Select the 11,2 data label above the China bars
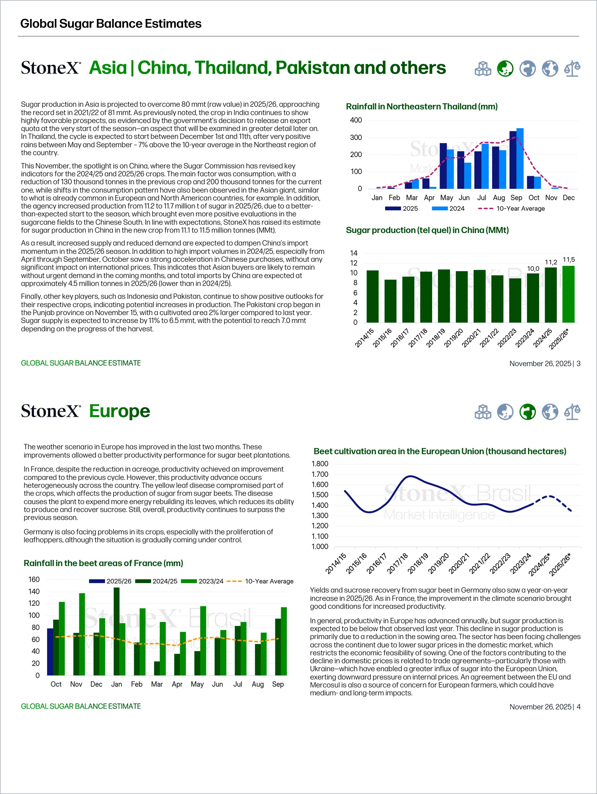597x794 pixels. point(551,262)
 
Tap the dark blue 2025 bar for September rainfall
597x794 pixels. point(513,160)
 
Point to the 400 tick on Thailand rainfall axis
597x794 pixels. point(356,120)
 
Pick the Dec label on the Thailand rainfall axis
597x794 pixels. point(568,198)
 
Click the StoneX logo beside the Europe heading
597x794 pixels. point(51,411)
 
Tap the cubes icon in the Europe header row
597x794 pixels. point(483,412)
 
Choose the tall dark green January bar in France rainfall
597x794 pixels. point(116,631)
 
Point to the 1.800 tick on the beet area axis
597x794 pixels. point(320,464)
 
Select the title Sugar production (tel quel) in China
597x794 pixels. point(427,230)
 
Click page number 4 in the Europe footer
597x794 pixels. point(578,707)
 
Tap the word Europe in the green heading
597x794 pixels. point(119,411)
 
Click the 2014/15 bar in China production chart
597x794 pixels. point(372,296)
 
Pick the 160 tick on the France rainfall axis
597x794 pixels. point(34,579)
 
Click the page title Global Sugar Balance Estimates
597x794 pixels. point(111,24)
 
